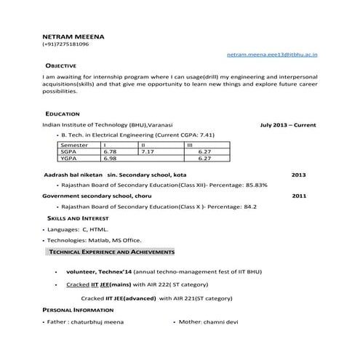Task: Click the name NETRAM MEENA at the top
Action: coord(73,35)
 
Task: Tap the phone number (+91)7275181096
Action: coord(65,44)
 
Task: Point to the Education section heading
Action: coord(62,114)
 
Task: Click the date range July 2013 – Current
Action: coord(288,125)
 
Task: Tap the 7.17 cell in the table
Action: coord(148,151)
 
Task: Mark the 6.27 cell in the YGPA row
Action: coord(204,158)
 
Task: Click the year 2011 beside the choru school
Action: coord(299,196)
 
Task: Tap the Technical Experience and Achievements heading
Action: coord(111,252)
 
